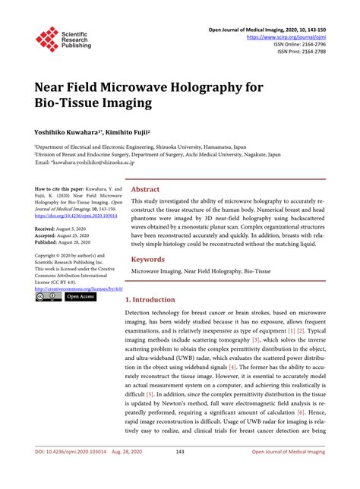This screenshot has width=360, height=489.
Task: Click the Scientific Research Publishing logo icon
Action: coord(48,39)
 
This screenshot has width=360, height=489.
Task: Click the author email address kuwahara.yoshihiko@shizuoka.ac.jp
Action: coord(90,162)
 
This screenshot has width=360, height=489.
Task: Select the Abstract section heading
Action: coord(145,189)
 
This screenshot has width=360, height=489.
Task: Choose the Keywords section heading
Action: coord(147,259)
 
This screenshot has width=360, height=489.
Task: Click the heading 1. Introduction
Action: coord(150,300)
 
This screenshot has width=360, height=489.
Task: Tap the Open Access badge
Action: coord(80,297)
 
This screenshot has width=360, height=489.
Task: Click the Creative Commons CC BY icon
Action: coord(48,297)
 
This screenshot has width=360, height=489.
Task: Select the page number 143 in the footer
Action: coord(180,474)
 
